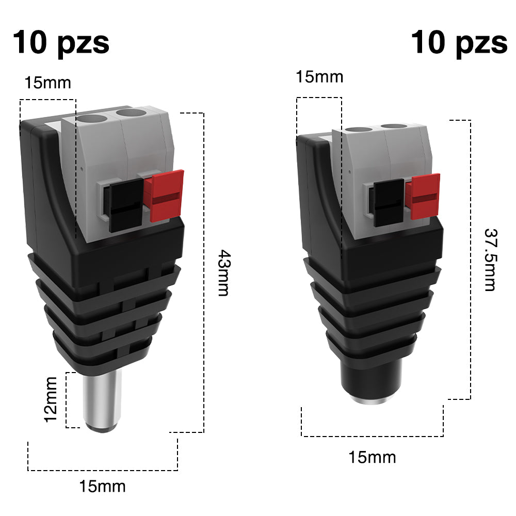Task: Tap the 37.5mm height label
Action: tap(490, 260)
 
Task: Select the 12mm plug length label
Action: tap(51, 399)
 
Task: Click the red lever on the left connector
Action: tap(167, 196)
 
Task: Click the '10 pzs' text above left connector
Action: tap(61, 42)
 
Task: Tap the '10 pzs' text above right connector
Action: tap(459, 42)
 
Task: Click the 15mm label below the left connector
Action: tap(102, 486)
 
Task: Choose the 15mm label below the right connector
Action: tap(372, 457)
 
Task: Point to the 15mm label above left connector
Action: tap(47, 83)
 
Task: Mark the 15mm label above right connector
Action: tap(319, 77)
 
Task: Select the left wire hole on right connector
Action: tap(358, 131)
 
